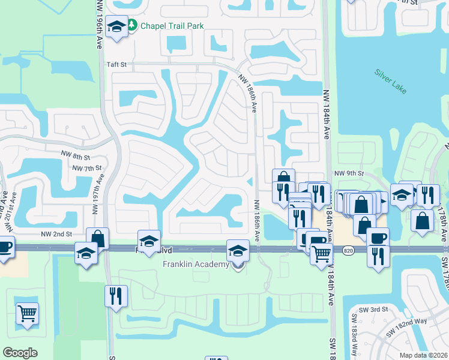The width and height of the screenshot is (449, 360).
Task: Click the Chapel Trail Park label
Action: tap(172, 26)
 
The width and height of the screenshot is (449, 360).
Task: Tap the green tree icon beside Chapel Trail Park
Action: tap(134, 26)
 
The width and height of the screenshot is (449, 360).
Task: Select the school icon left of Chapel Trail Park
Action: tap(116, 26)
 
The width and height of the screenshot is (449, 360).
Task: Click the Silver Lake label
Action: tap(391, 81)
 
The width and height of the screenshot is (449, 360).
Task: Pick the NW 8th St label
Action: tap(74, 154)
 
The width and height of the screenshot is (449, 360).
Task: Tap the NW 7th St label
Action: tap(86, 168)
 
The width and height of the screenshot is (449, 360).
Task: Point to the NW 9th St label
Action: tap(349, 173)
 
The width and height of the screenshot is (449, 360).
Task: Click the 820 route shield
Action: tap(349, 249)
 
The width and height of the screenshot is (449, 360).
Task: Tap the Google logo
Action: tap(20, 353)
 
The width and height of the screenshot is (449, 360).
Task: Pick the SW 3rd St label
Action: tap(370, 310)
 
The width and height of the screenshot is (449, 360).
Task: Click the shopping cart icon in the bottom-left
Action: tap(27, 313)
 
